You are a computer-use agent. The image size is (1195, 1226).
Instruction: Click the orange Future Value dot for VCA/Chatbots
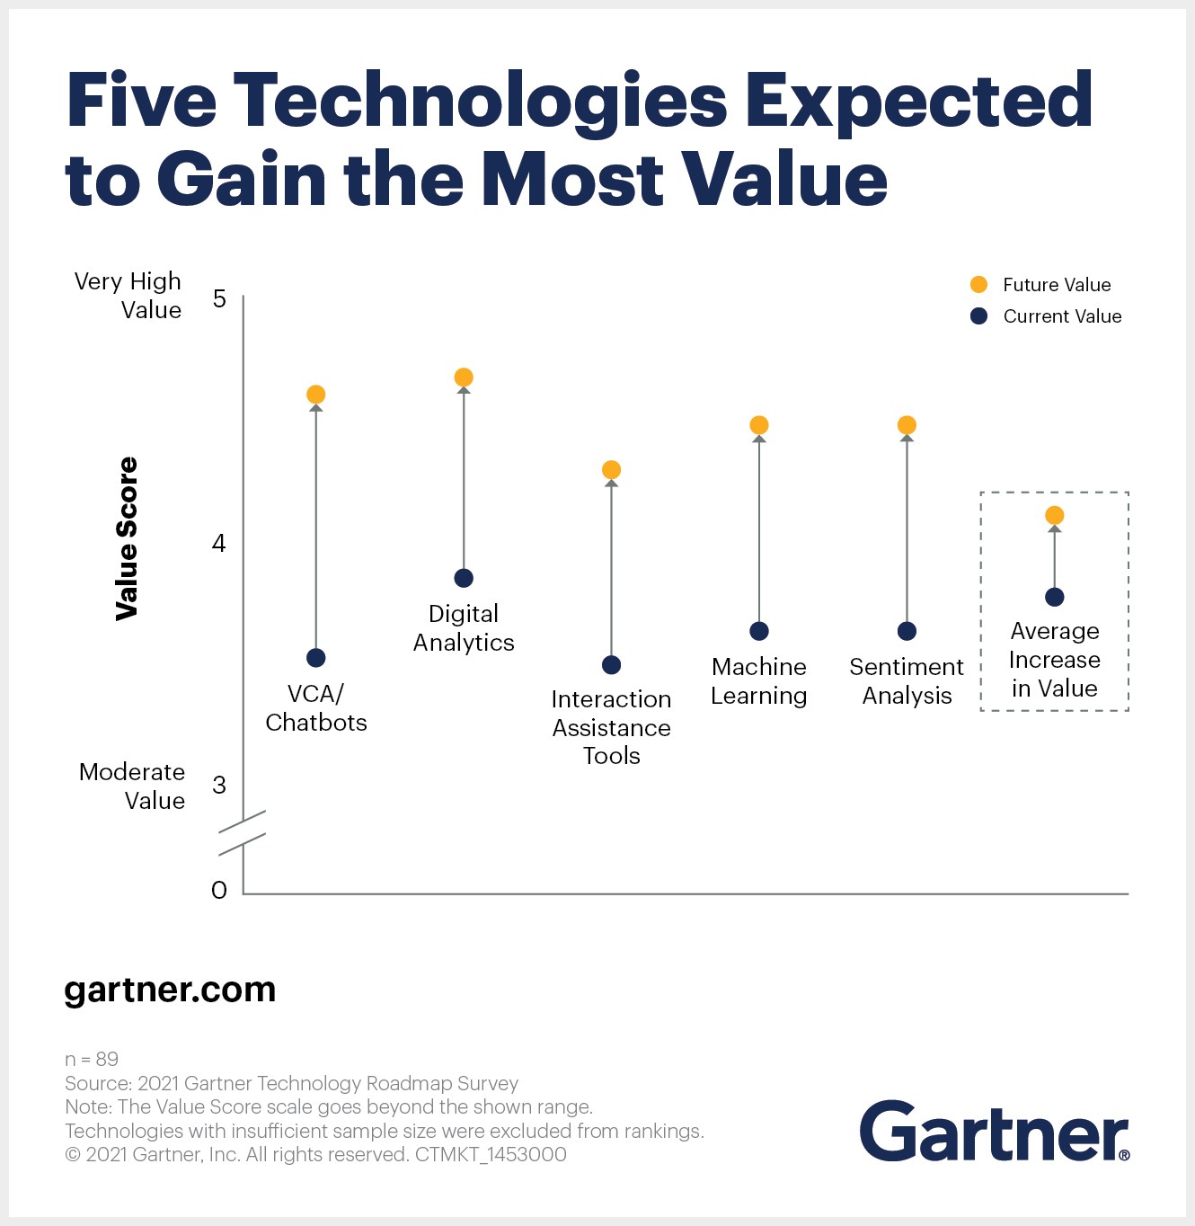(x=315, y=395)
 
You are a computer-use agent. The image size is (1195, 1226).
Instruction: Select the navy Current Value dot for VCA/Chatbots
(x=315, y=658)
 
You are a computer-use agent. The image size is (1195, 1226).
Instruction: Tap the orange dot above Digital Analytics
(x=464, y=378)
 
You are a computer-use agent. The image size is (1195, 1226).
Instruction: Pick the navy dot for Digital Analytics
(x=464, y=578)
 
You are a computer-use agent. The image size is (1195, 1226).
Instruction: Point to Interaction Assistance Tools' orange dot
(x=611, y=470)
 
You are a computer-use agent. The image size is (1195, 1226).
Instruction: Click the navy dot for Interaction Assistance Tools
(x=611, y=665)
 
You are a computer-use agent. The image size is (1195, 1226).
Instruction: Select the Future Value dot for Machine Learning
(x=759, y=425)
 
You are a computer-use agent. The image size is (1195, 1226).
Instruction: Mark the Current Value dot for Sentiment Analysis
(x=907, y=631)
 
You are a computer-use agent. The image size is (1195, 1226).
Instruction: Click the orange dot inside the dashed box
(x=1055, y=515)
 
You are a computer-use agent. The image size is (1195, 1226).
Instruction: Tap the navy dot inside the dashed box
(x=1055, y=597)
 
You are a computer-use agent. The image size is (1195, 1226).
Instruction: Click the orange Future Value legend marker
(x=979, y=285)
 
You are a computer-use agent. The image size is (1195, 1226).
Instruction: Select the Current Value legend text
(x=1062, y=316)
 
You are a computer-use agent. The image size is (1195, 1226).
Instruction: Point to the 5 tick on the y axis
(x=219, y=298)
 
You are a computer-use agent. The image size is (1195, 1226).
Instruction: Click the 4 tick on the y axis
(x=218, y=543)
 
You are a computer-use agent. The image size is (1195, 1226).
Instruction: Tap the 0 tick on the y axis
(x=219, y=890)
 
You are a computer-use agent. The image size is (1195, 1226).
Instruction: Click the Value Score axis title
(x=128, y=538)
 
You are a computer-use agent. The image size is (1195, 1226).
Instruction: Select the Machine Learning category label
(x=759, y=681)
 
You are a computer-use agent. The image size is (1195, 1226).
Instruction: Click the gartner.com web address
(x=170, y=990)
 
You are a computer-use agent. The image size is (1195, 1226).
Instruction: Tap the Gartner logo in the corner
(x=994, y=1131)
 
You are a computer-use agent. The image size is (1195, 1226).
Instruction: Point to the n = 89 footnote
(x=92, y=1059)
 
